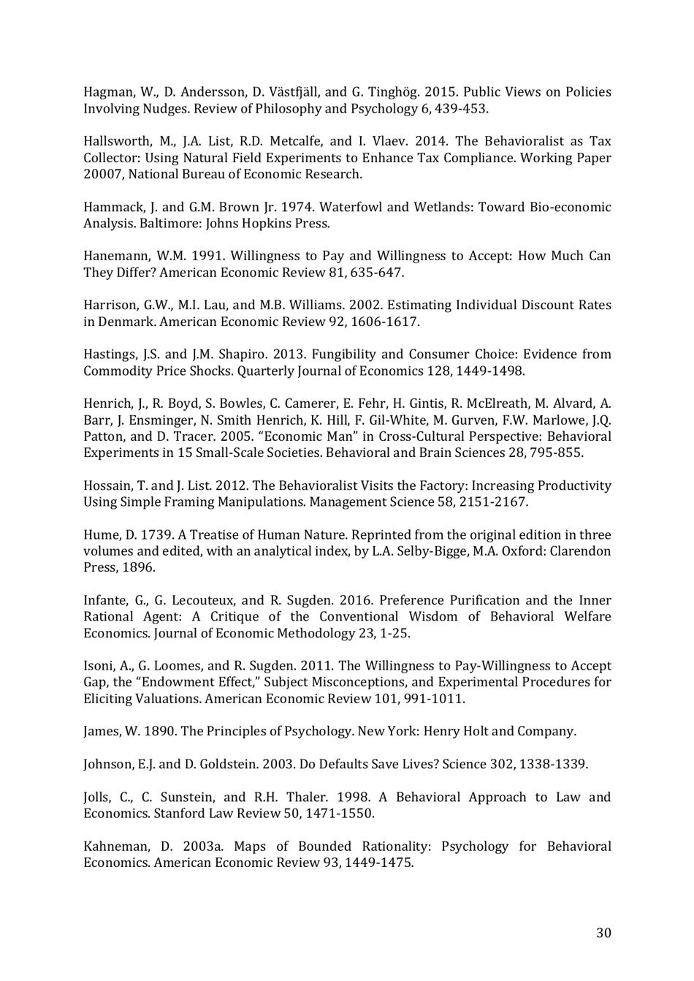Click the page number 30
[603, 933]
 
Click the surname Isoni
[99, 666]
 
